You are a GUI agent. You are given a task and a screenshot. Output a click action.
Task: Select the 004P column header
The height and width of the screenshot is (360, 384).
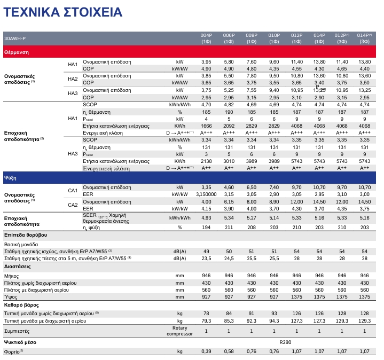[206, 38]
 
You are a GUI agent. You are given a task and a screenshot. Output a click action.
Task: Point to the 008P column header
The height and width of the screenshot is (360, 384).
[252, 38]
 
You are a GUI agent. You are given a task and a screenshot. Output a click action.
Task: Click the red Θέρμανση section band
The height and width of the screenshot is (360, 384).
[192, 52]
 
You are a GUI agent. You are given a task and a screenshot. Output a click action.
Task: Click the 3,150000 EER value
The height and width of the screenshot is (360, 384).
[206, 194]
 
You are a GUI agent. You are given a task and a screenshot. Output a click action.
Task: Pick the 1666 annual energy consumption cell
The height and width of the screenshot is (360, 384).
[206, 126]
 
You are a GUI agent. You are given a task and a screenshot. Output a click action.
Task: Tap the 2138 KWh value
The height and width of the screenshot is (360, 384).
[206, 161]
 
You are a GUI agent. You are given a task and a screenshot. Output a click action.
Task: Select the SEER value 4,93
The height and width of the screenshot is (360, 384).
[206, 218]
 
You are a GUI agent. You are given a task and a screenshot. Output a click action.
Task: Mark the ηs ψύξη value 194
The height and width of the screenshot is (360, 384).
[206, 228]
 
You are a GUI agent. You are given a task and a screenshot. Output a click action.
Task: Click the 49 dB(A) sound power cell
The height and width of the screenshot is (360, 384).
[206, 251]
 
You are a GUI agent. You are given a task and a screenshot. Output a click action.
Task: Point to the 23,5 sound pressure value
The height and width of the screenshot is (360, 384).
[206, 258]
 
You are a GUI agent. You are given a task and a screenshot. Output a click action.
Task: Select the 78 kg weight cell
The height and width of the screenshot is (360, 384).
[206, 312]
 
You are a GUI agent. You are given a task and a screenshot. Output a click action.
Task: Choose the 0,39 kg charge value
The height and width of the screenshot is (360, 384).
[206, 351]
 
